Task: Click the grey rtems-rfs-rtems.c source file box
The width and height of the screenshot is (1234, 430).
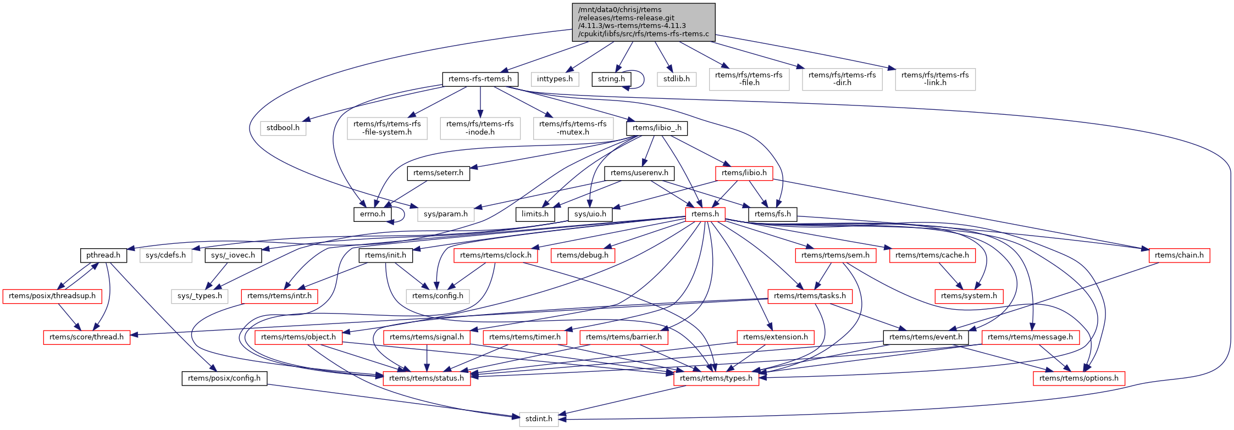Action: pos(643,22)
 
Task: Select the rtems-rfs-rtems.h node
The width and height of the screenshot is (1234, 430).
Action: pos(480,79)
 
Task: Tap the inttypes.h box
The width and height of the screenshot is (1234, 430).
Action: pos(555,79)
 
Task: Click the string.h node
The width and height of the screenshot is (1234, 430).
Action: pos(611,79)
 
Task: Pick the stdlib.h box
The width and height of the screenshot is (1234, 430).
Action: pos(676,79)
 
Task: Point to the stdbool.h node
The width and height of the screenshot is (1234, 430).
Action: pos(283,128)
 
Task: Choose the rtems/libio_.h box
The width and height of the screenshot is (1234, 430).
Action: pos(657,128)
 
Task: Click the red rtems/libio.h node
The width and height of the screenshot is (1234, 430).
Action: pos(744,173)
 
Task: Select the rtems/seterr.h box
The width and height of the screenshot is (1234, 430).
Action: pos(438,173)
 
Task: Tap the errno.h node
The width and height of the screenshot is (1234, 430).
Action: pos(372,214)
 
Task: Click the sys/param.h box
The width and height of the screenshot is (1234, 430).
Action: pos(445,214)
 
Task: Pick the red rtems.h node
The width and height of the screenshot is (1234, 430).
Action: pos(705,214)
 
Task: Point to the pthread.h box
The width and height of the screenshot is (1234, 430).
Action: pos(103,255)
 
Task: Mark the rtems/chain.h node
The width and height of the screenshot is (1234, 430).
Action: pos(1179,255)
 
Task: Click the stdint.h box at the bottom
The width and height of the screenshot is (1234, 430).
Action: pos(539,419)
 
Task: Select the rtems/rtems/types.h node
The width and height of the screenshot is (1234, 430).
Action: pos(716,378)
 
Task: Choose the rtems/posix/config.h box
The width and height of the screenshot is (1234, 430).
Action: pos(224,378)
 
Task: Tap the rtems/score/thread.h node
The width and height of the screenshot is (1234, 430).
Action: pos(86,337)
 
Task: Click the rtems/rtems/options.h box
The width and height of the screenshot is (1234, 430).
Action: pos(1078,378)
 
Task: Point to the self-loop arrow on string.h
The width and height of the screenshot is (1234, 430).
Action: pos(644,79)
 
